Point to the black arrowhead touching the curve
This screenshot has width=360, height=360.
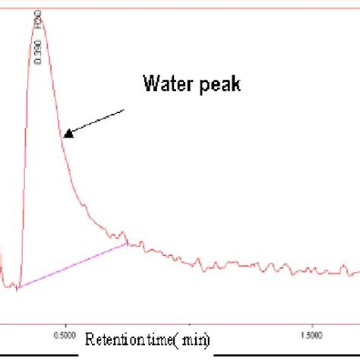68,134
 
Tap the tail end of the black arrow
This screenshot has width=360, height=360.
125,110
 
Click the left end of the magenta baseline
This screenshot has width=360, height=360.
17,287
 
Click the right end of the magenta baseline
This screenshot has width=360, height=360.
127,244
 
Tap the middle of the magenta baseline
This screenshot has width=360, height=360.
72,266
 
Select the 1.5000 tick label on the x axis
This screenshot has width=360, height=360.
313,333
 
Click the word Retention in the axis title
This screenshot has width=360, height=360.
112,339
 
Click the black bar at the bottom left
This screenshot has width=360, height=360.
38,354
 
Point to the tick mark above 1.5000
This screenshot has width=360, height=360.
312,321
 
